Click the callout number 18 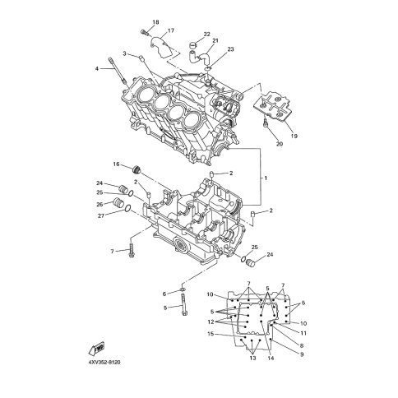point(155,22)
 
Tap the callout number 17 point(171,30)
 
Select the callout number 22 point(206,35)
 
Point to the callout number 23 point(230,49)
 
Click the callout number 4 point(96,69)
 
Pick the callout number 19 point(294,136)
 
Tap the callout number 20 point(280,144)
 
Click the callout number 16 point(117,164)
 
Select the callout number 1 point(266,178)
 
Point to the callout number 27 point(101,216)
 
